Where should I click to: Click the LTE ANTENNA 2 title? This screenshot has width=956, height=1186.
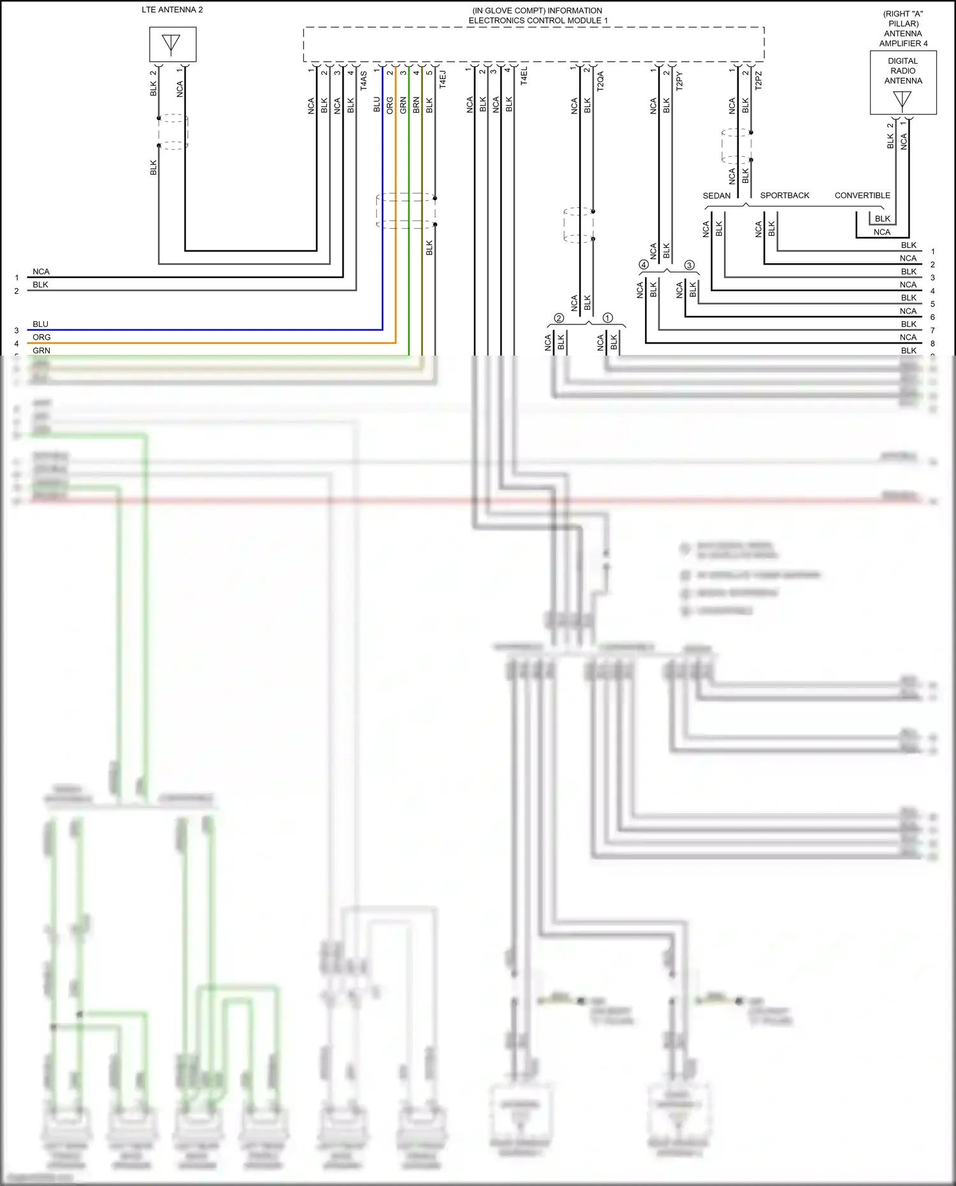172,10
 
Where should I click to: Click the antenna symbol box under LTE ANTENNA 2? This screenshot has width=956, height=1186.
172,44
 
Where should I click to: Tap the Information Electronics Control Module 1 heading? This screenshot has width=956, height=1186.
537,15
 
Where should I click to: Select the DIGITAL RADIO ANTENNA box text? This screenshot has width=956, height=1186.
902,71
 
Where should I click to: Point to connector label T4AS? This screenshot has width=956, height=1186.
363,80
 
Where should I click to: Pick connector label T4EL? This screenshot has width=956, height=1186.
524,76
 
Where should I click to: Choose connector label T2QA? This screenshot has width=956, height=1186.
600,81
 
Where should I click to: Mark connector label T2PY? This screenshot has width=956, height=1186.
679,81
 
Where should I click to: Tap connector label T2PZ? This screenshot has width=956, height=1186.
758,80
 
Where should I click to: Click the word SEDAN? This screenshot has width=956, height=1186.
716,196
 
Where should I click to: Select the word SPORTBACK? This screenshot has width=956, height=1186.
785,196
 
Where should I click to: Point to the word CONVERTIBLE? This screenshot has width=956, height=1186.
862,196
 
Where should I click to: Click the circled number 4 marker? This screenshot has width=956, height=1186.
644,265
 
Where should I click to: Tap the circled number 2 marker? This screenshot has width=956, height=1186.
559,318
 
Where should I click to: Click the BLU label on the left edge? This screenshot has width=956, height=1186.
40,324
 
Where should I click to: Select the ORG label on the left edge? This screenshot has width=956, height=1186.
41,337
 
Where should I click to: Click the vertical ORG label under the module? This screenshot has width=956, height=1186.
390,105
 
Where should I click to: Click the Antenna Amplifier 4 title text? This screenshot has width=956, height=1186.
903,29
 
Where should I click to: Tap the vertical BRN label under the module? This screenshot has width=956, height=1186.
416,105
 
